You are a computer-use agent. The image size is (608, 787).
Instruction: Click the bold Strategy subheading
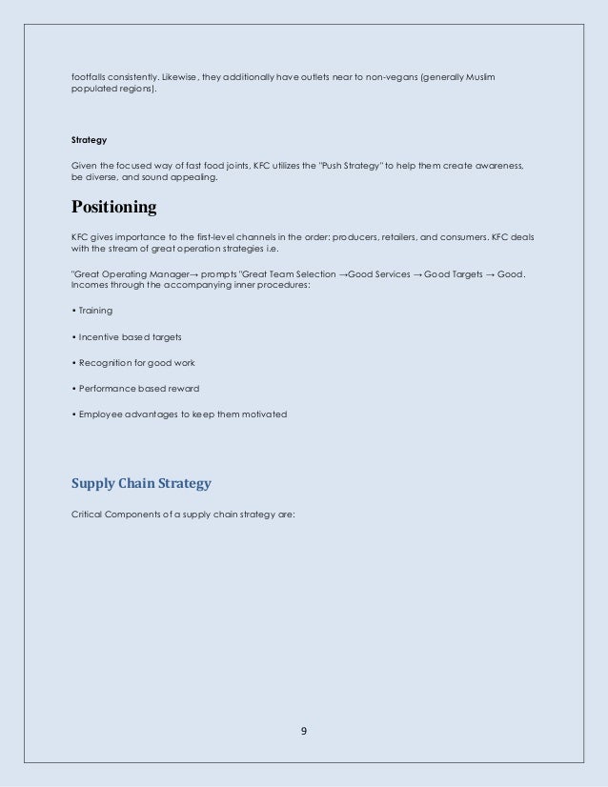tap(89, 140)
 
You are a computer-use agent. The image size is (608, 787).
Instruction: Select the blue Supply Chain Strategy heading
tap(141, 483)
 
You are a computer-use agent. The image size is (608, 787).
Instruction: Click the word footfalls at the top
tap(91, 74)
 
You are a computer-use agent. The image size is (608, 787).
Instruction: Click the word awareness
tap(496, 166)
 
